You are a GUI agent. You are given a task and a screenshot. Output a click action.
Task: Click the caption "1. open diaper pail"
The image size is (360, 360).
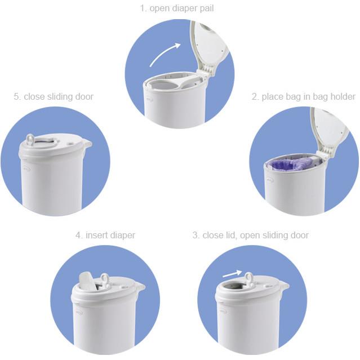177,8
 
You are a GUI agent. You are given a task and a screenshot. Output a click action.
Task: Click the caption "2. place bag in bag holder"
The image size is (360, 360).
303,96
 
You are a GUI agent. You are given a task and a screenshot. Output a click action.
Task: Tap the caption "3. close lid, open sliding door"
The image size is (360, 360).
250,235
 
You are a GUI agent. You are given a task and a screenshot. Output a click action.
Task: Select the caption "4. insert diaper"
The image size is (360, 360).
105,235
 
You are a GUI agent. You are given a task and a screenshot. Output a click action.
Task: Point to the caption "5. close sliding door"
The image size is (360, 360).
54,96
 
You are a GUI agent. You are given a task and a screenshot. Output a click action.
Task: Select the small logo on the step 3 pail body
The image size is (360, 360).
223,310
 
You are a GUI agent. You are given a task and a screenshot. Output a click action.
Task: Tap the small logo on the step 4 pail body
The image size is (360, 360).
78,310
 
